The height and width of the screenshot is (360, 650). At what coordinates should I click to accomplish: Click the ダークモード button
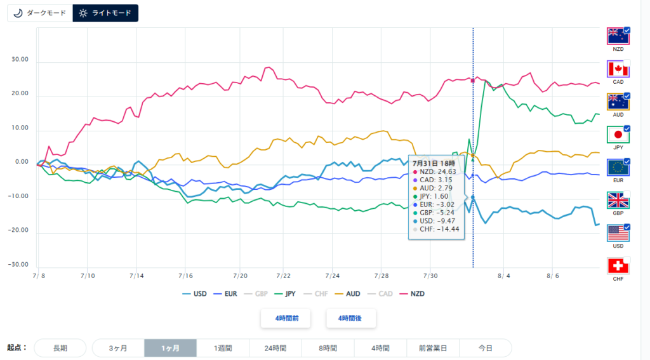tap(40, 13)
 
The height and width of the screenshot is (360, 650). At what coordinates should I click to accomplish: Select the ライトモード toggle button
tap(105, 13)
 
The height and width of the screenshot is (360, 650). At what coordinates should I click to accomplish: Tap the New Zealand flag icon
tap(618, 36)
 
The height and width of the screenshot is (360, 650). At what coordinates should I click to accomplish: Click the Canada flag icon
tap(618, 69)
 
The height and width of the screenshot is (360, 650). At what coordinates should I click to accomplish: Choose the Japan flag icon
tap(618, 135)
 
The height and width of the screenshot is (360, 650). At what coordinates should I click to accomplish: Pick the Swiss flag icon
tap(618, 266)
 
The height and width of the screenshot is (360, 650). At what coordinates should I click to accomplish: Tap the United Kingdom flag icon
tap(618, 201)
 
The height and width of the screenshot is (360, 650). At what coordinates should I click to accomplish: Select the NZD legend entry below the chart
tap(412, 294)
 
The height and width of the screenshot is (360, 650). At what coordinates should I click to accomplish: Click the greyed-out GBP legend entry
tap(256, 294)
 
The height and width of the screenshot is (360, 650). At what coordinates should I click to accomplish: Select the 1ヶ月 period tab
tap(170, 348)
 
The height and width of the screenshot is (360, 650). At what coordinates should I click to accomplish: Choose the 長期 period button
tap(60, 348)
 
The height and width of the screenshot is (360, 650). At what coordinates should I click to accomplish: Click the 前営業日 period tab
tap(433, 348)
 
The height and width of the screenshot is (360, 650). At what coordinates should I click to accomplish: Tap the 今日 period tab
tap(486, 348)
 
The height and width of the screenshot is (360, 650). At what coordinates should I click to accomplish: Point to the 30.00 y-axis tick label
tap(20, 59)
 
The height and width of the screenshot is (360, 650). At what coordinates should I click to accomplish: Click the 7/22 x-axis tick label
tap(284, 276)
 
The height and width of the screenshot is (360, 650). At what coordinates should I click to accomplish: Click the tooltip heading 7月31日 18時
tap(434, 163)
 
